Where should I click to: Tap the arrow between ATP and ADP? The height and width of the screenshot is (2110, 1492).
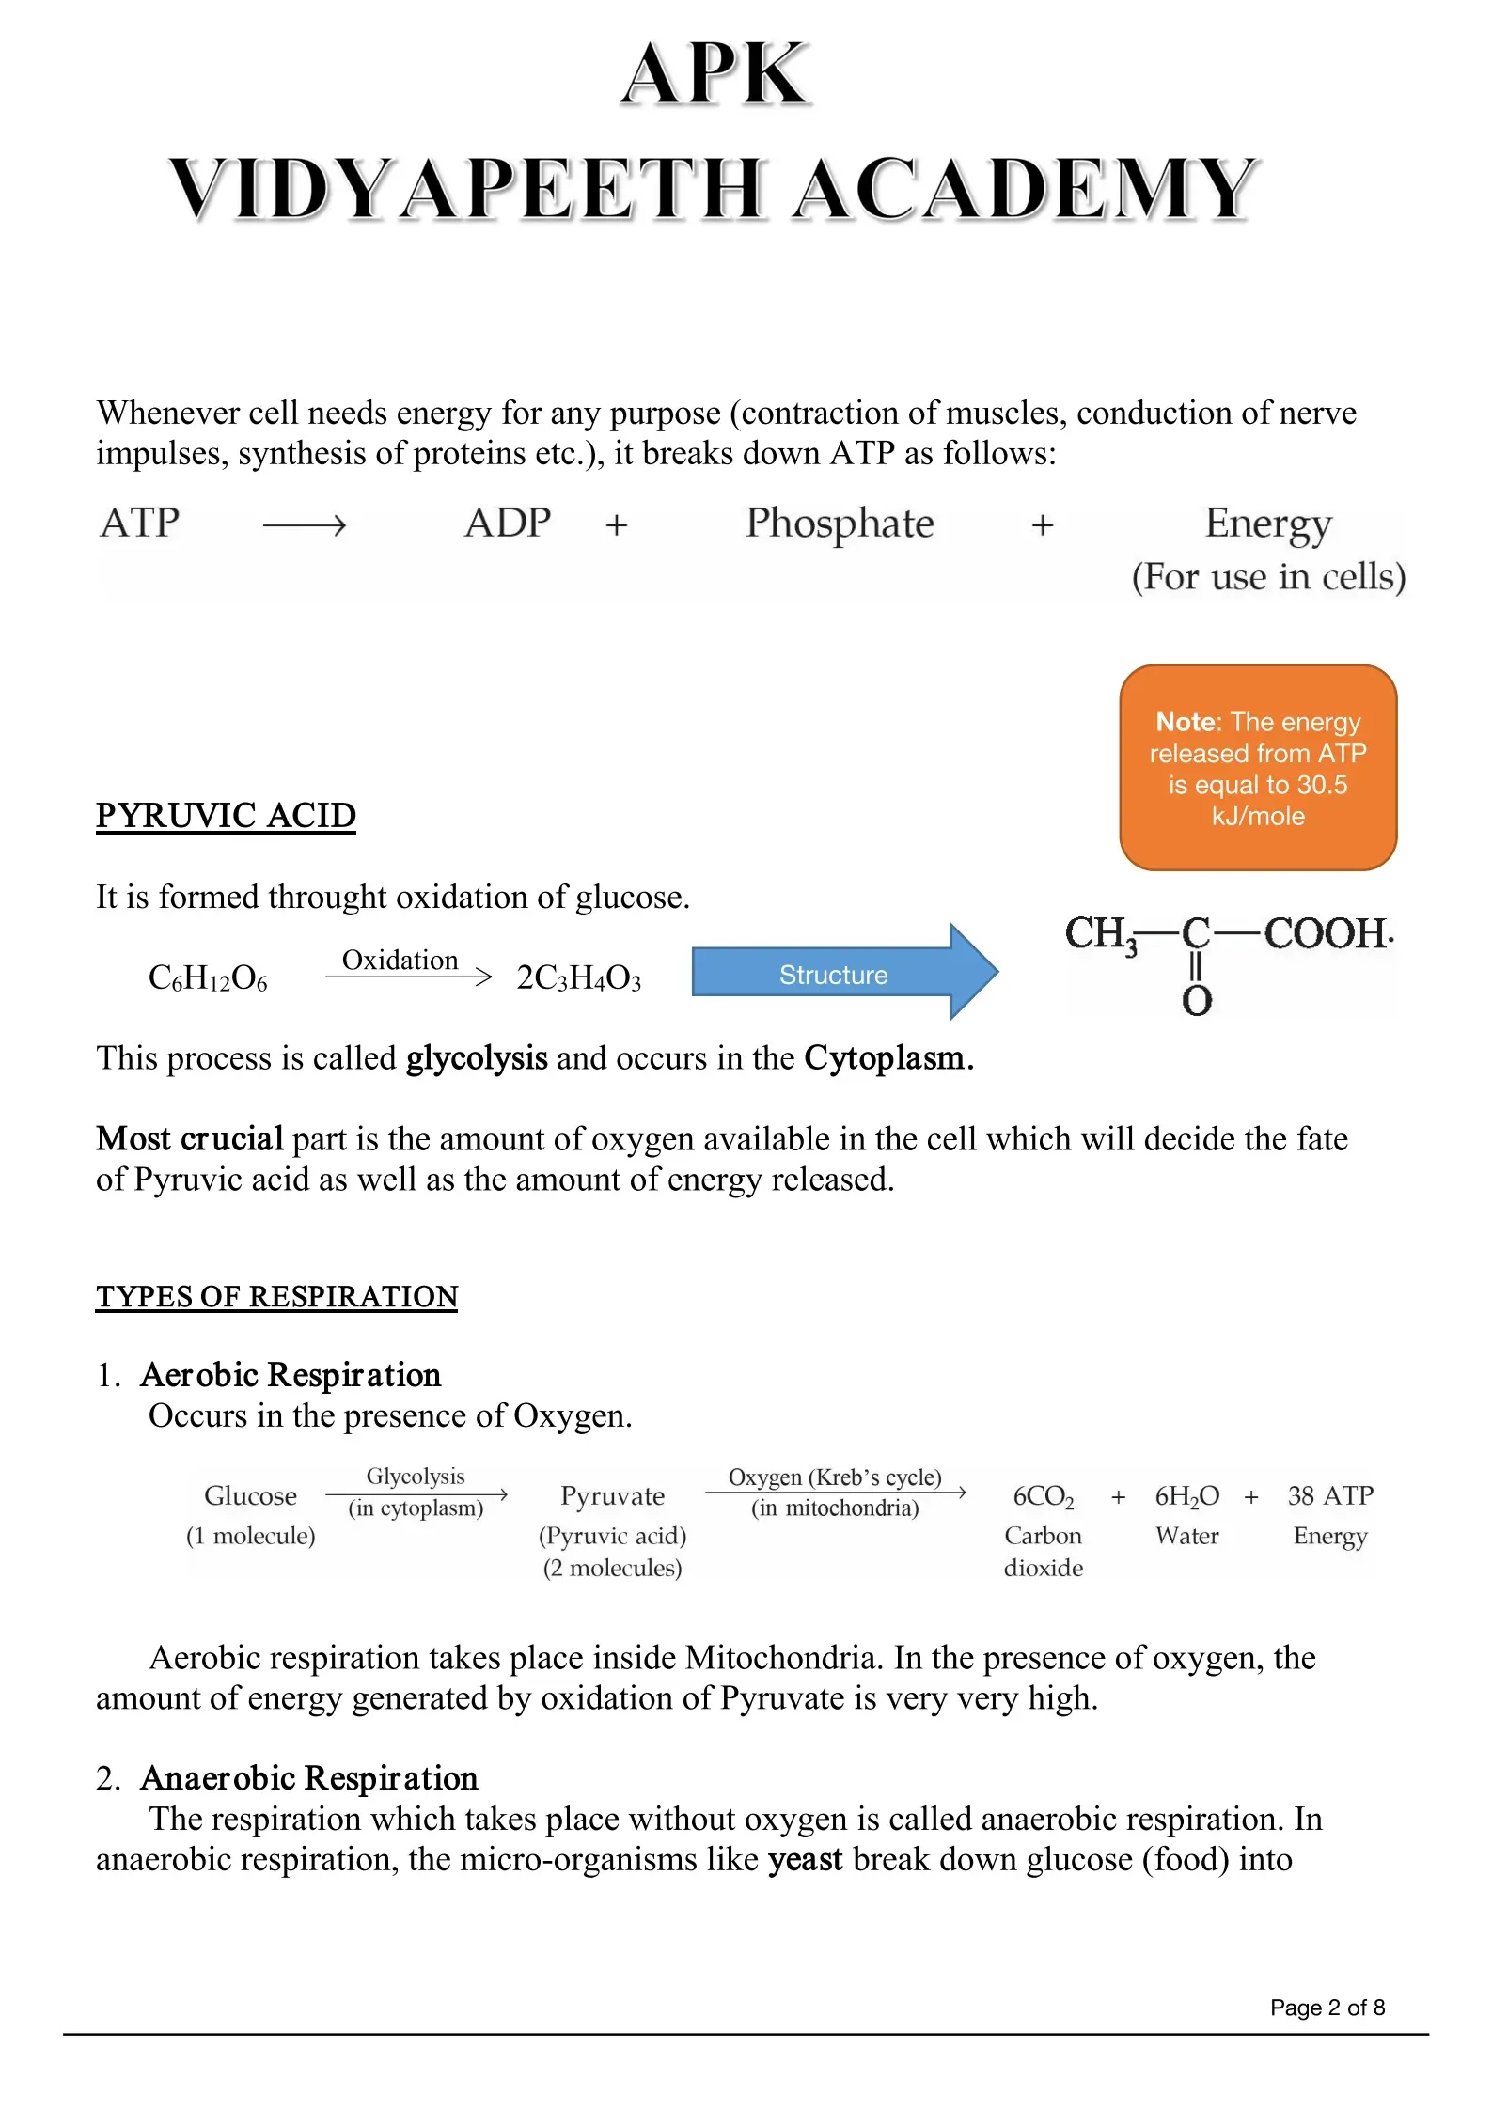[305, 524]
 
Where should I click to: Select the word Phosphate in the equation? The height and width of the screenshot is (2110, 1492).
[839, 524]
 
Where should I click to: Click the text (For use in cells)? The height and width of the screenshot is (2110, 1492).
[1267, 576]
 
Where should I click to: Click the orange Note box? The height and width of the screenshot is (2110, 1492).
[1257, 767]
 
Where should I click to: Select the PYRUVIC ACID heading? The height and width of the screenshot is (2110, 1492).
[226, 815]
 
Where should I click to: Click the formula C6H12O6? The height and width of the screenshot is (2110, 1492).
[208, 978]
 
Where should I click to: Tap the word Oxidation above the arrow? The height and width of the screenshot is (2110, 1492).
[400, 960]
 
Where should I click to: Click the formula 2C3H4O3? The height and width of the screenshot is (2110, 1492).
[578, 978]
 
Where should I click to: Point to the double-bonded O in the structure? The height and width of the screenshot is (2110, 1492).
[1196, 1001]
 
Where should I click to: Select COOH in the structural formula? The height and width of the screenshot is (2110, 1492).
[1325, 933]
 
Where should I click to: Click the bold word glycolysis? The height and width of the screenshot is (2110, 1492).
[476, 1058]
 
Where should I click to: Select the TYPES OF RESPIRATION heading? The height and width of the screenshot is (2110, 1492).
[276, 1296]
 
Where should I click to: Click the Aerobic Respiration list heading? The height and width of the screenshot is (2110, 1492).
[290, 1375]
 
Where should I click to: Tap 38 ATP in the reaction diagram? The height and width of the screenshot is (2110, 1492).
[1329, 1495]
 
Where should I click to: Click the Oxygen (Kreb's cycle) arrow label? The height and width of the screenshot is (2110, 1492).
[834, 1477]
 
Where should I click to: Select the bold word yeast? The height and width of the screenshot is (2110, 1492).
[805, 1859]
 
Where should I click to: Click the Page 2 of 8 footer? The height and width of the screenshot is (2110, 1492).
[1327, 2008]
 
